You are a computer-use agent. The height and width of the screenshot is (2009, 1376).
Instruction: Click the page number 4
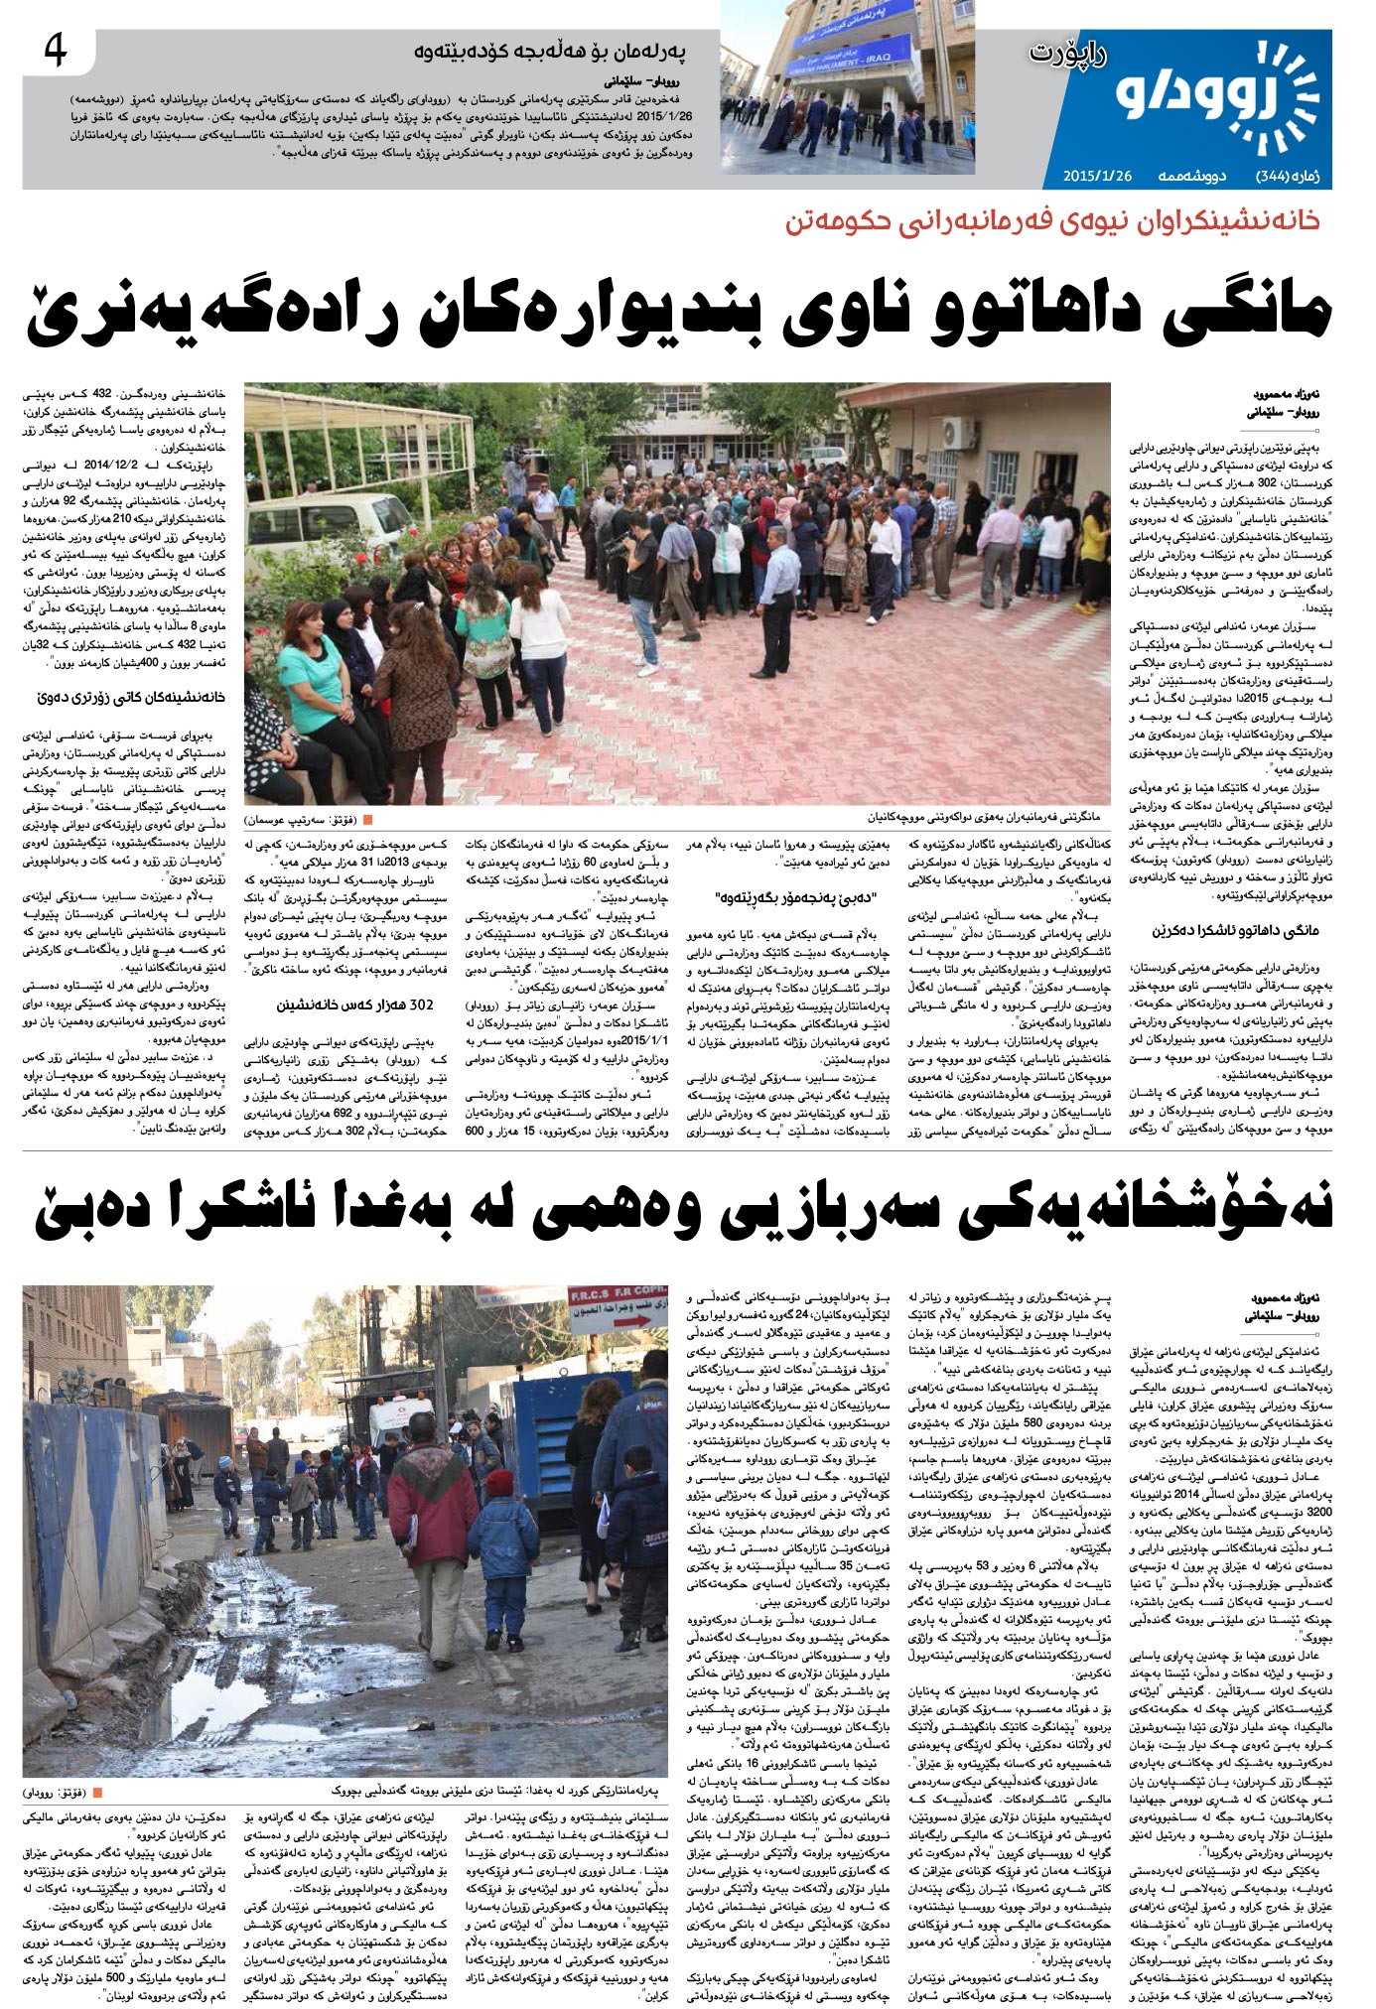tap(56, 52)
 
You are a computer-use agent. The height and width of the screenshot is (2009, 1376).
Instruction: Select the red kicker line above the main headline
tap(1052, 221)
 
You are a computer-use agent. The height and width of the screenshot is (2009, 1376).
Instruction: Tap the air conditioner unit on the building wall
tap(960, 431)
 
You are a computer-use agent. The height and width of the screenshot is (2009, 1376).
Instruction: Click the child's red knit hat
tap(500, 1484)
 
